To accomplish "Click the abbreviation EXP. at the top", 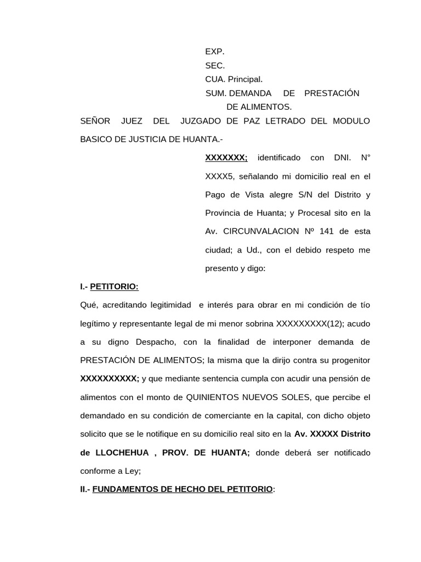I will pos(215,52).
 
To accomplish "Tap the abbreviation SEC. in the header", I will pos(215,65).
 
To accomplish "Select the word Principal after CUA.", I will pos(246,79).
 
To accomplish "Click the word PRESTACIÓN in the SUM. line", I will pos(332,93).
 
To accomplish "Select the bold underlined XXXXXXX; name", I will pos(226,158).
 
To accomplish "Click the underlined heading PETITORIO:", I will pos(114,286).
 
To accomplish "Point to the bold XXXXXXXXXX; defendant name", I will pos(110,379).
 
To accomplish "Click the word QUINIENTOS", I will pos(213,397).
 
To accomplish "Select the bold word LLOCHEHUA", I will pos(123,453).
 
